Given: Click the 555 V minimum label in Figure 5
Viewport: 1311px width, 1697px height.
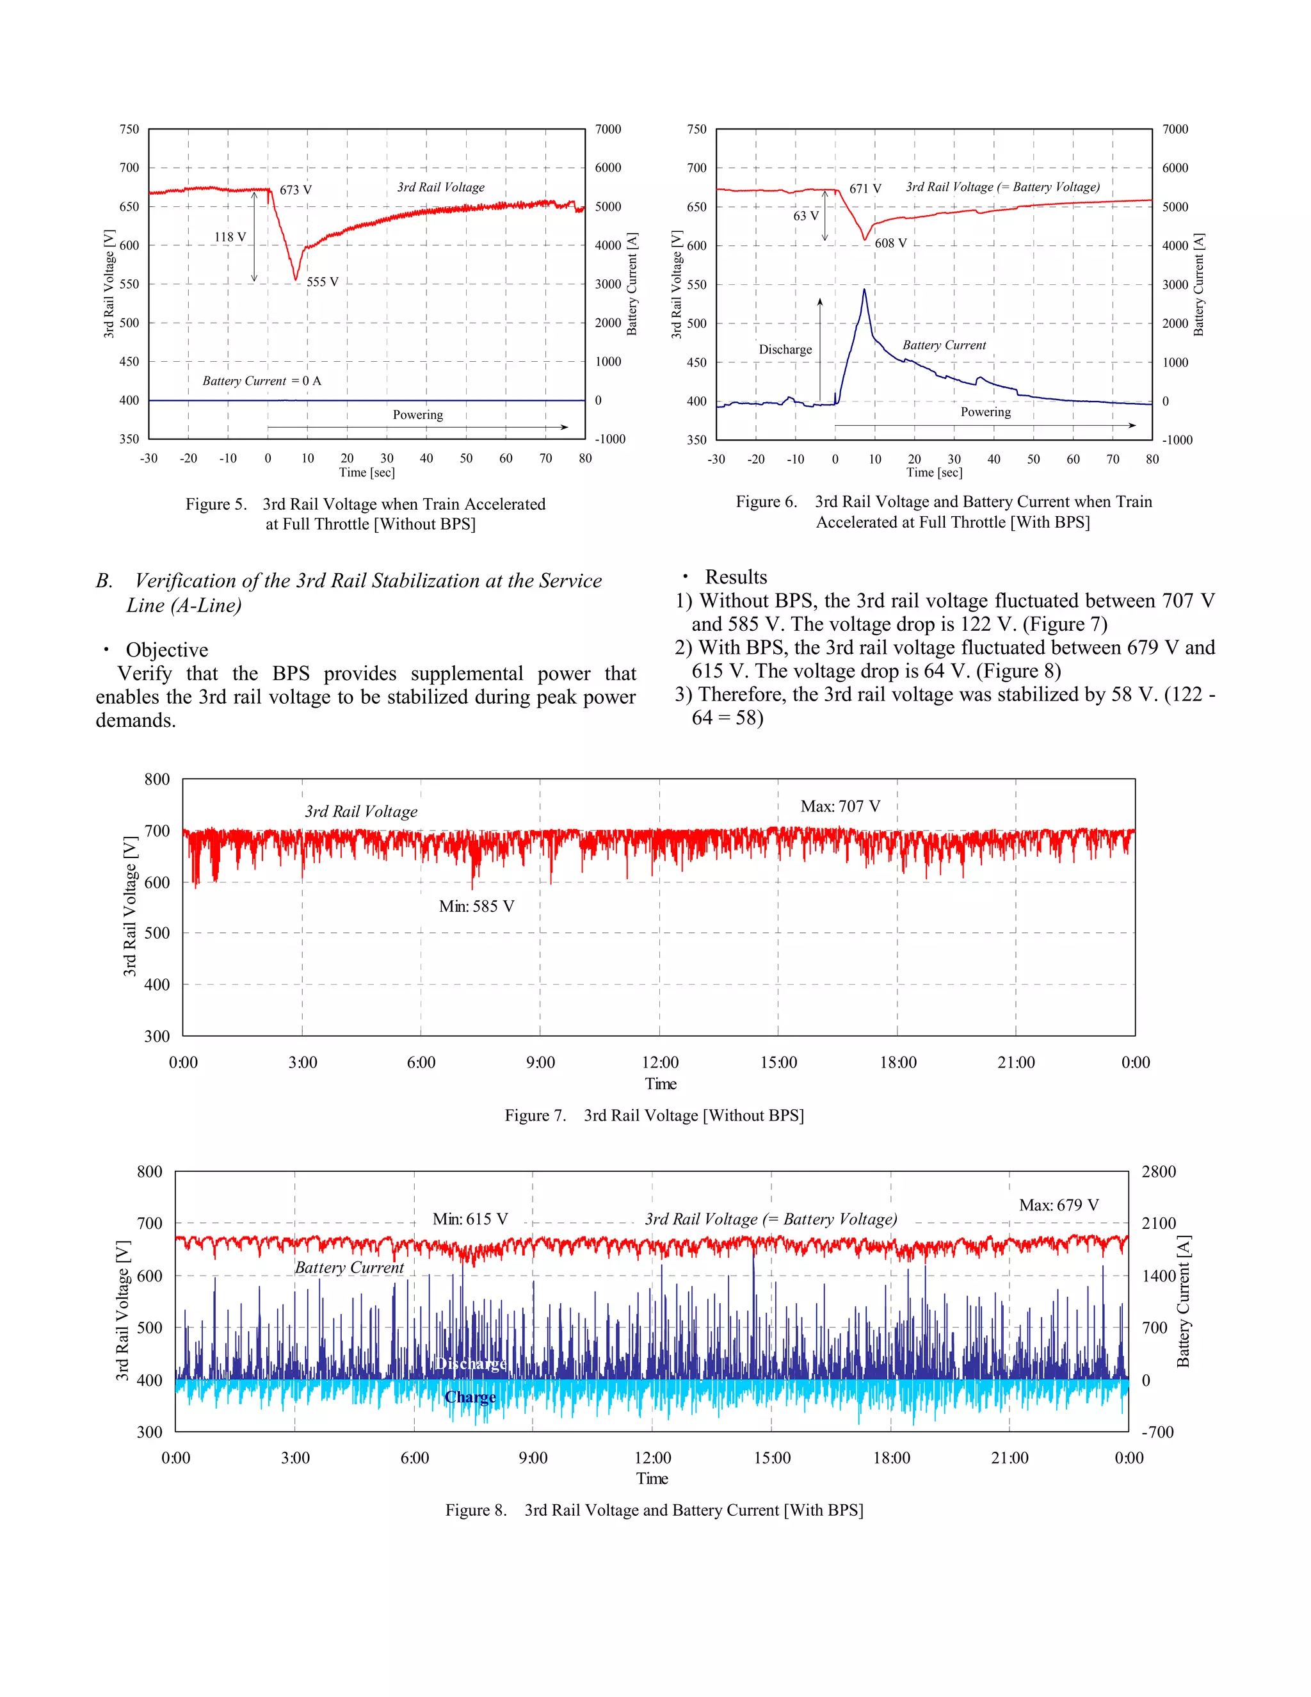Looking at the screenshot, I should point(323,282).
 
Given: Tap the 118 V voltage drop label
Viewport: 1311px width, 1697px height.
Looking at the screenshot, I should point(230,237).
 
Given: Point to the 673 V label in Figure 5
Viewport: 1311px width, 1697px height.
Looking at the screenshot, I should point(295,190).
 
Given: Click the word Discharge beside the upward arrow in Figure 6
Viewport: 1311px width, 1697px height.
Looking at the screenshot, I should point(785,350).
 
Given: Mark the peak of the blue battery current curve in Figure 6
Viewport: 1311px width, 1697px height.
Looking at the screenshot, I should point(864,290).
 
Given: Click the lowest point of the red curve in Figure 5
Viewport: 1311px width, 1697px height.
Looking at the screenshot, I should point(295,279).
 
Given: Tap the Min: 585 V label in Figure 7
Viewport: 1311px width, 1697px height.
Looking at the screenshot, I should point(476,906).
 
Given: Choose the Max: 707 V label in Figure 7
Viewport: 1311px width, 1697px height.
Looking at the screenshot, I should point(840,806).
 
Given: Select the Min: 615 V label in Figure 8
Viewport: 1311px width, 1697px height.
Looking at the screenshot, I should point(470,1219).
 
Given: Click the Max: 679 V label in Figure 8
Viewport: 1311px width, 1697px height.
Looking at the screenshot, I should point(1059,1205).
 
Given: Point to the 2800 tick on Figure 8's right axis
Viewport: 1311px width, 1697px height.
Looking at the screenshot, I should point(1158,1172).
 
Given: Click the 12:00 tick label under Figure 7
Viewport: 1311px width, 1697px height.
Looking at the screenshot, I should point(659,1062).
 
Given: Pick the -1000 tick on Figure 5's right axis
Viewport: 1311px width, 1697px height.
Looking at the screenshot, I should point(609,439).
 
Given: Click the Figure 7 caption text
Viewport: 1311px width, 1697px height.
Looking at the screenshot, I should point(654,1115).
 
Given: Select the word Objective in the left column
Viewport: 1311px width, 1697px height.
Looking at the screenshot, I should point(167,649).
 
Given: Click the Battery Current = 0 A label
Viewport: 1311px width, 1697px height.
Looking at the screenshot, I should point(262,381).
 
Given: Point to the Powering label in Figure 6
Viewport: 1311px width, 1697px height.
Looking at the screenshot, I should point(986,412).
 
